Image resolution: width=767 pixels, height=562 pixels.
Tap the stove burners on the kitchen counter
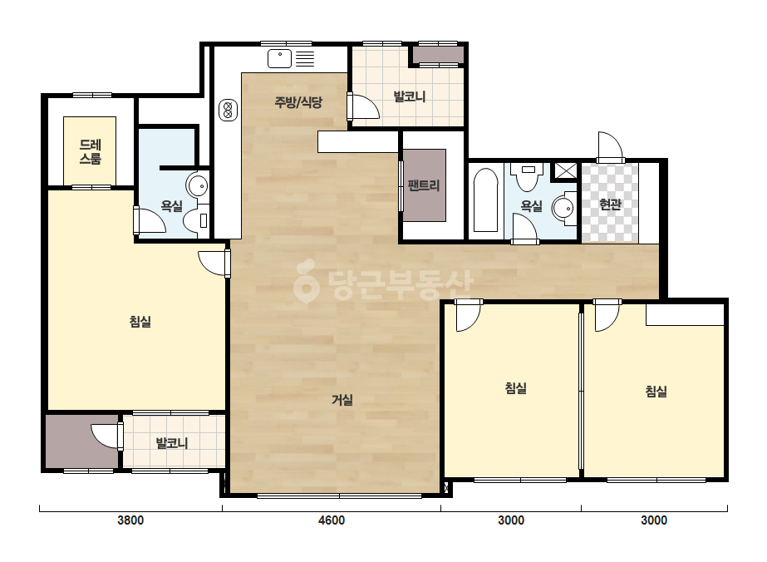228,110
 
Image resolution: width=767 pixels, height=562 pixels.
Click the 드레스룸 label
90,152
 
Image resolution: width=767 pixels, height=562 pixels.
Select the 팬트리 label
424,185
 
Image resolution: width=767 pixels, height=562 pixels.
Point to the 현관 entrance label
610,205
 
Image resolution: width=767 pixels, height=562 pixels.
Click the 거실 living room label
342,400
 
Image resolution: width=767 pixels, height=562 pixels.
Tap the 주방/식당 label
297,102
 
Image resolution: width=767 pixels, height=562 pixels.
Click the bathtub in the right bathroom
486,200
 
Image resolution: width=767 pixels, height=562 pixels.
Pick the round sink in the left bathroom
198,185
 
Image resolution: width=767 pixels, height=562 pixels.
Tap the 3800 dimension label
130,520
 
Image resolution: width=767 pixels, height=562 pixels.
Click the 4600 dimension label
332,520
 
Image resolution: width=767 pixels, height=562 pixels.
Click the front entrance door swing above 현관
610,146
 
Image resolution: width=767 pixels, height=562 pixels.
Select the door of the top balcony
363,106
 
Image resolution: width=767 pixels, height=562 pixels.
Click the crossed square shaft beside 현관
565,171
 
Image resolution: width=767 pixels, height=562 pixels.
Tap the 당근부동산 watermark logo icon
307,281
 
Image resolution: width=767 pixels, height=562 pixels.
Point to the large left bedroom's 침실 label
140,322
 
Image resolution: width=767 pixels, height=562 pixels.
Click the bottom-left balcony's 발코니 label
172,443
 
